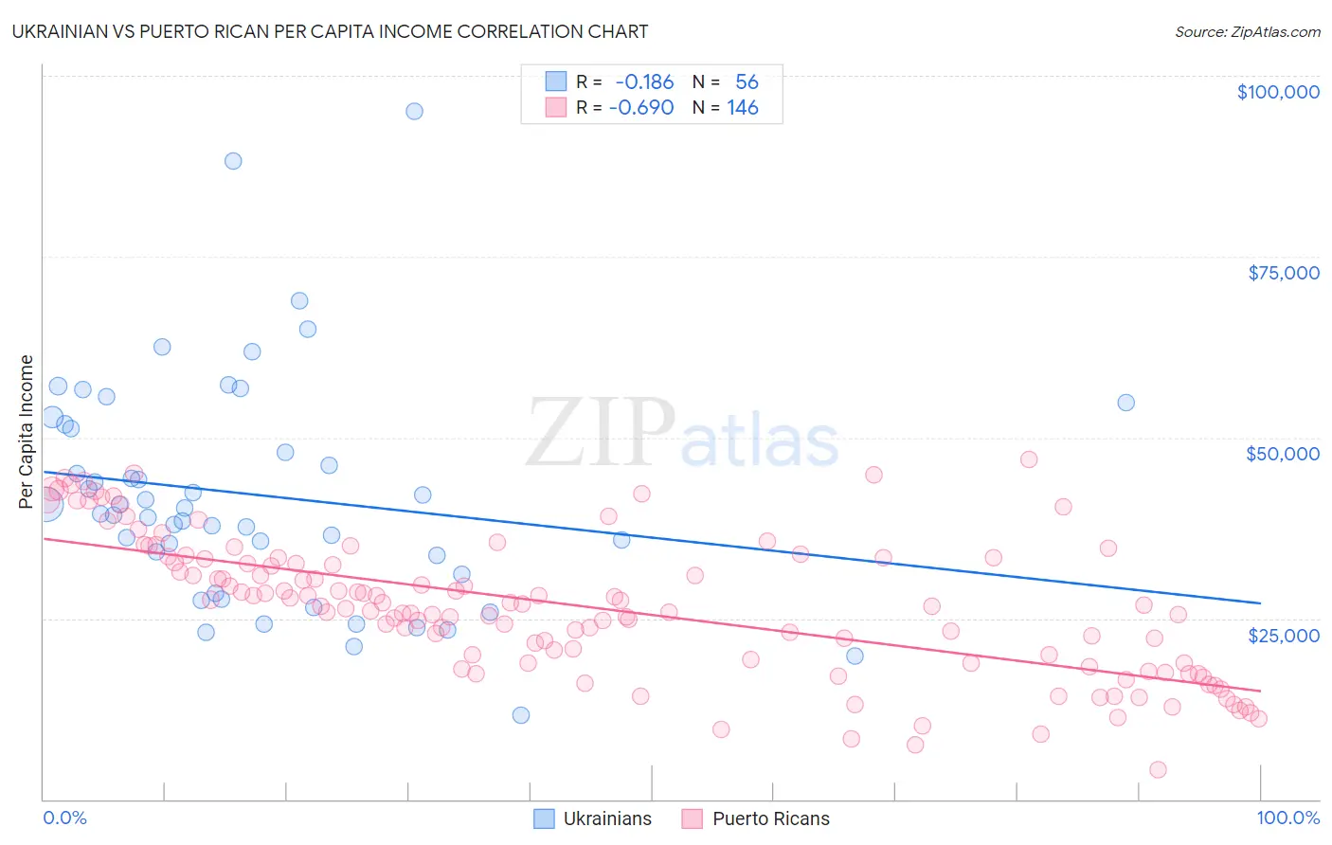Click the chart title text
click(x=330, y=31)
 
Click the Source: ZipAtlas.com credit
click(x=1247, y=31)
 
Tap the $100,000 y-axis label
click(x=1278, y=92)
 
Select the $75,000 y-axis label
click(x=1283, y=273)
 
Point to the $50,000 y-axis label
click(x=1282, y=454)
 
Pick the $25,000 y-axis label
click(x=1283, y=635)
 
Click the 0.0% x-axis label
click(x=64, y=818)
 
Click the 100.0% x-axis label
click(x=1287, y=818)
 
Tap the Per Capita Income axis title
click(x=27, y=431)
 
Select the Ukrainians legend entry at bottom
click(x=592, y=818)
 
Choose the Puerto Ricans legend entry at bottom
click(x=755, y=818)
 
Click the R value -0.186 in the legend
click(x=644, y=82)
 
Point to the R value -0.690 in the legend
click(x=641, y=108)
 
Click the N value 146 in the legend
click(x=743, y=108)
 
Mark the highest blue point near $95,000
click(x=414, y=111)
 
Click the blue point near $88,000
click(x=233, y=161)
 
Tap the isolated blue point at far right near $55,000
click(x=1125, y=403)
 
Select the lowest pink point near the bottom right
click(x=1158, y=769)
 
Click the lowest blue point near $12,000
click(x=520, y=715)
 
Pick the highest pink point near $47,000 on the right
click(x=1029, y=459)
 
